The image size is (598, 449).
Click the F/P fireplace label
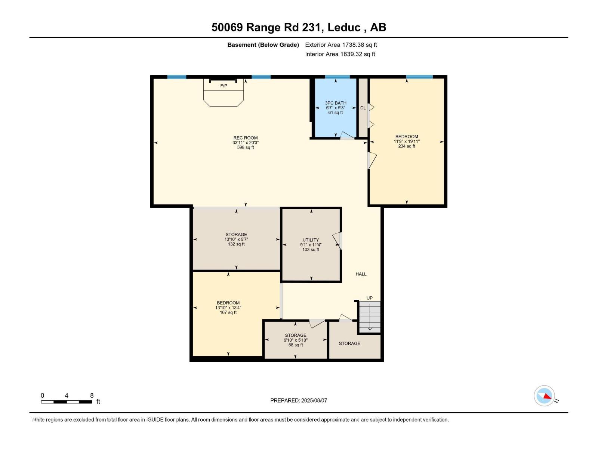(x=224, y=86)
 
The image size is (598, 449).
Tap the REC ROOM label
(x=246, y=138)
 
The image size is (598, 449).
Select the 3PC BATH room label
(x=336, y=103)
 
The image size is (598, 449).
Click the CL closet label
(x=363, y=108)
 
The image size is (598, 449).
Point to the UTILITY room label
(x=311, y=240)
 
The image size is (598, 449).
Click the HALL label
(x=361, y=274)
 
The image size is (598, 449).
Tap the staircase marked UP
(x=370, y=317)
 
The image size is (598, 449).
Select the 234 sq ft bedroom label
(x=407, y=137)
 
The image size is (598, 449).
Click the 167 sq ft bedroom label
(x=228, y=303)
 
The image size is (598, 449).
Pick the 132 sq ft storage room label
(x=236, y=235)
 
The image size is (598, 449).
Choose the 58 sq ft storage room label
(x=296, y=336)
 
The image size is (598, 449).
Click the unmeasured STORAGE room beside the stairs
(x=349, y=343)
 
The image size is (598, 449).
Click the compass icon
(x=544, y=396)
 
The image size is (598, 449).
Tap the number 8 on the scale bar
(x=92, y=395)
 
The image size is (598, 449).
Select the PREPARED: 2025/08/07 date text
(x=299, y=400)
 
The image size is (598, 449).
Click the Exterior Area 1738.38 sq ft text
(x=341, y=45)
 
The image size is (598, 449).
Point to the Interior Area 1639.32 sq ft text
(x=340, y=54)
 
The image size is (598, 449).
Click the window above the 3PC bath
(x=337, y=77)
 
